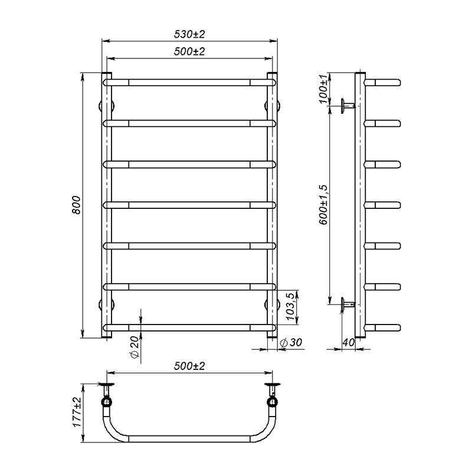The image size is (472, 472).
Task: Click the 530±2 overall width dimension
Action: tap(189, 34)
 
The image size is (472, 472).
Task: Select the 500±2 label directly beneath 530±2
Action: tap(189, 52)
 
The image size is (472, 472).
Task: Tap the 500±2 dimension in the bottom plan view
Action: tap(189, 366)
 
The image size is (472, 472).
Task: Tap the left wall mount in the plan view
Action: tap(107, 396)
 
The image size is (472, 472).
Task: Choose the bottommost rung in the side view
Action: tap(383, 327)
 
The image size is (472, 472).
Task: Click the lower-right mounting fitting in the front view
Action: tap(273, 304)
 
